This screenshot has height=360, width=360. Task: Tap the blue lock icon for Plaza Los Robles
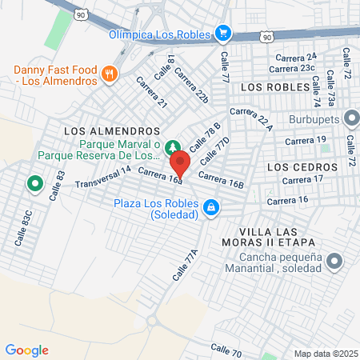210,207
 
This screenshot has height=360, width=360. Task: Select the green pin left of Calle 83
34,184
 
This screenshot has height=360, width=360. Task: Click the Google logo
27,349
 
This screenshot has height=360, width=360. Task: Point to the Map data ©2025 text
326,353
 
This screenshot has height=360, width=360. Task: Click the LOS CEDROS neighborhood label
296,166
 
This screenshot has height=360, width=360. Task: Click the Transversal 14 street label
102,178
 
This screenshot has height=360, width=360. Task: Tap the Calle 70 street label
226,350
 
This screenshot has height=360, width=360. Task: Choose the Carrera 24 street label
296,57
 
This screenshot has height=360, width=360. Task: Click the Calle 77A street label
185,265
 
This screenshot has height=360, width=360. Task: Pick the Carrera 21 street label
151,92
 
